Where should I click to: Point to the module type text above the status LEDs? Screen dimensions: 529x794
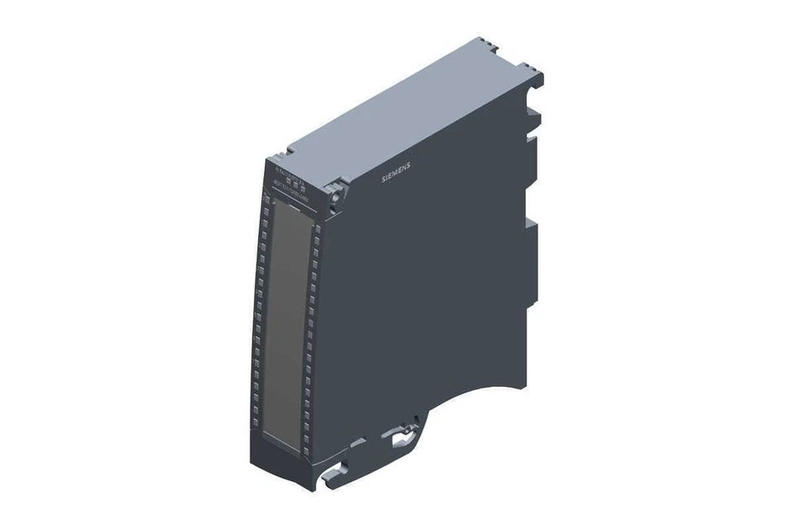(x=289, y=171)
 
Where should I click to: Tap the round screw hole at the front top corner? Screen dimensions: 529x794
(x=335, y=196)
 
